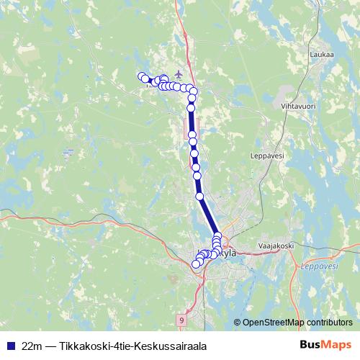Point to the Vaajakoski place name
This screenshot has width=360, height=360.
pyautogui.click(x=274, y=246)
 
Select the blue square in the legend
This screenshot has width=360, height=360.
pyautogui.click(x=9, y=346)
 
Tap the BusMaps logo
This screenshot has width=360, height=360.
pyautogui.click(x=325, y=346)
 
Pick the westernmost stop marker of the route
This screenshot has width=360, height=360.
pyautogui.click(x=141, y=76)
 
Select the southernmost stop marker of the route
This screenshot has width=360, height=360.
pyautogui.click(x=195, y=264)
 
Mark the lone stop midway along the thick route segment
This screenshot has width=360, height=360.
pyautogui.click(x=199, y=194)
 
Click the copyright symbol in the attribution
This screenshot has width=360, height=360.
pyautogui.click(x=237, y=322)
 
